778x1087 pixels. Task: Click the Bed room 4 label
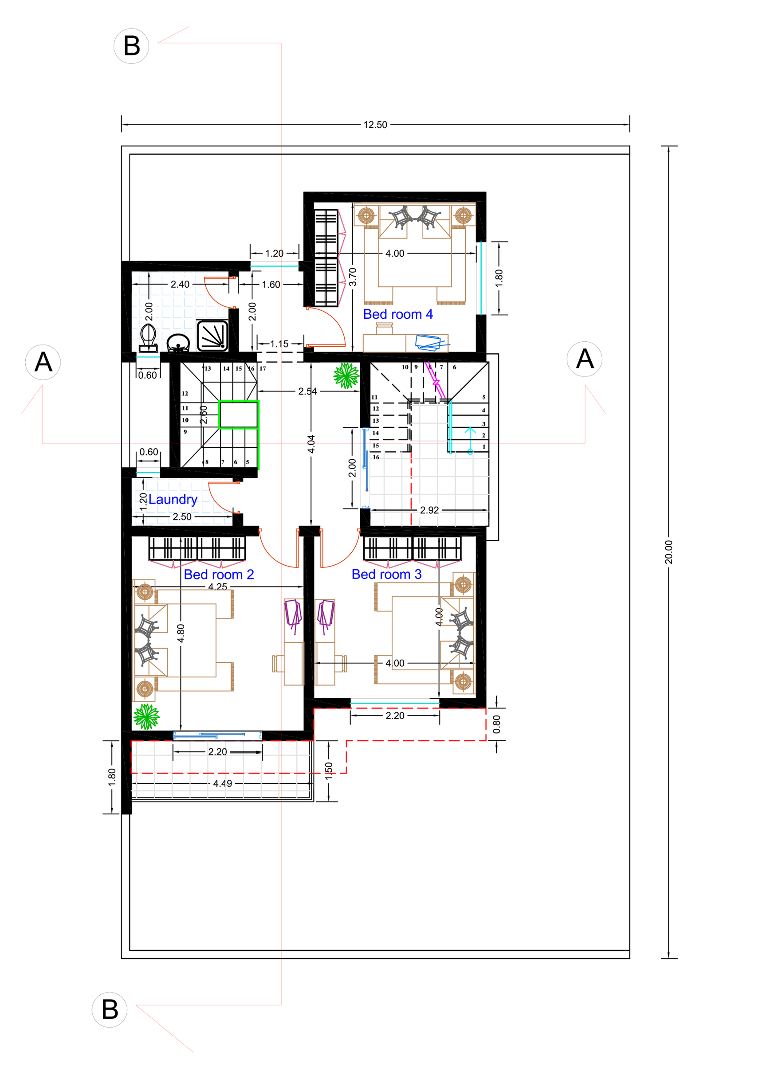[x=397, y=314]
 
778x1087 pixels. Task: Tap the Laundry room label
[x=173, y=500]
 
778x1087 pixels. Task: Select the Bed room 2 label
[x=219, y=574]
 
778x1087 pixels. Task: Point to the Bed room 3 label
[x=386, y=574]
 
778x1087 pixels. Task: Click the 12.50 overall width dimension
[x=375, y=125]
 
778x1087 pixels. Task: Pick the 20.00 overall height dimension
[x=668, y=552]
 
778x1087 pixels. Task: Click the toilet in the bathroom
[x=148, y=338]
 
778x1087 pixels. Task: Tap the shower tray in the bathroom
[x=212, y=336]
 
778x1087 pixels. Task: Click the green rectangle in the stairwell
[x=239, y=414]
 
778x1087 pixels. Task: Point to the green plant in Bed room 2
[x=146, y=716]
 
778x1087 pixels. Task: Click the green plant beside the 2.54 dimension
[x=346, y=375]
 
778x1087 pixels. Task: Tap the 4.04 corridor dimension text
[x=311, y=444]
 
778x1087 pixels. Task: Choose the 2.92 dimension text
[x=429, y=510]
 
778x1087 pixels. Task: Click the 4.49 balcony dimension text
[x=222, y=783]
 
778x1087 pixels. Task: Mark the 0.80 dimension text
[x=496, y=724]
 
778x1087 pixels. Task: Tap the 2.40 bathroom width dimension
[x=180, y=285]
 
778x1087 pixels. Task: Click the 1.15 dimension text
[x=279, y=344]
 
